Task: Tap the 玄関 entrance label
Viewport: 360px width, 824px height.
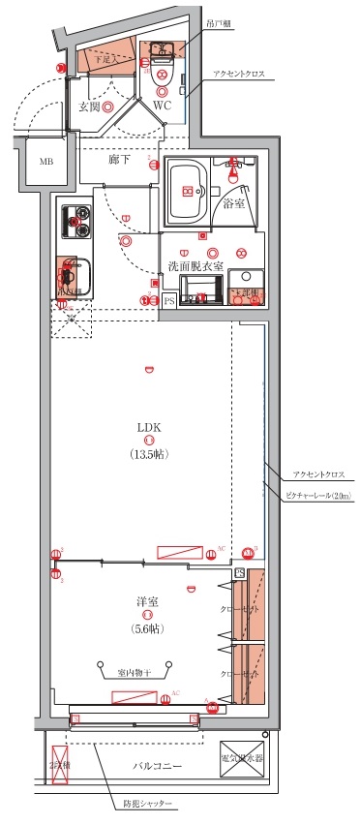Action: pyautogui.click(x=90, y=107)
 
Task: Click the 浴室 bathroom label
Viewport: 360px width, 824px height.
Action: pyautogui.click(x=234, y=204)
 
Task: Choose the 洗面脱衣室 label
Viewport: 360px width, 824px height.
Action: pyautogui.click(x=196, y=265)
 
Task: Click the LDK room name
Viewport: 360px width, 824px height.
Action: pyautogui.click(x=148, y=426)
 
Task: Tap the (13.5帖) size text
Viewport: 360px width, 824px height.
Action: pyautogui.click(x=148, y=453)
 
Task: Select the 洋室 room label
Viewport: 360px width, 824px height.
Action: pyautogui.click(x=147, y=601)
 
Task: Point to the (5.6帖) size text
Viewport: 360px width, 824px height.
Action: pyautogui.click(x=147, y=628)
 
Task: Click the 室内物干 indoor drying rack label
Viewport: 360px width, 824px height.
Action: pyautogui.click(x=135, y=672)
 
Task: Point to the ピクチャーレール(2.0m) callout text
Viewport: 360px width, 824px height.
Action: pyautogui.click(x=318, y=496)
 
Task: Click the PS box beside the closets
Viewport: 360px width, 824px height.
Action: pyautogui.click(x=238, y=573)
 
